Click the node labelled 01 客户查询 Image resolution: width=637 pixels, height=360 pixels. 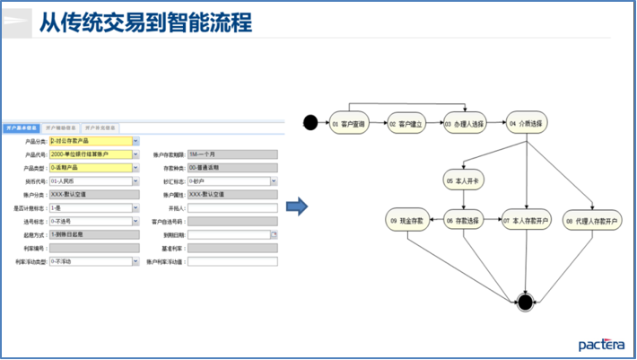(x=348, y=123)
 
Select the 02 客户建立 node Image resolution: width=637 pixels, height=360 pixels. (x=405, y=123)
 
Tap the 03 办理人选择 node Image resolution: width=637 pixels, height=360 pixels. (x=464, y=123)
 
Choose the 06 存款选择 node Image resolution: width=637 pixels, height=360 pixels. (x=464, y=219)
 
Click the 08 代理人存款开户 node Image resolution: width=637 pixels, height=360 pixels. (x=593, y=219)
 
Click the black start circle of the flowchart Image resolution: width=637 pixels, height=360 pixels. (x=310, y=122)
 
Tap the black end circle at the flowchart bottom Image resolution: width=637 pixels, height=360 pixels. (x=526, y=302)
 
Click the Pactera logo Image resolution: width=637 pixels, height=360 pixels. (x=601, y=344)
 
